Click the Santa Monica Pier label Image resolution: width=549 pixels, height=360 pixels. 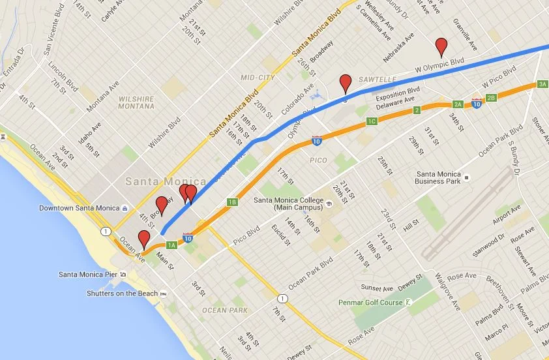88,274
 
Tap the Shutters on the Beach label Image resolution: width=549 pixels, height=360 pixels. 122,293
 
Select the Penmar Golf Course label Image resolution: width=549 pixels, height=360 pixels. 370,303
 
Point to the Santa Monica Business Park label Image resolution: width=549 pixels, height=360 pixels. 447,177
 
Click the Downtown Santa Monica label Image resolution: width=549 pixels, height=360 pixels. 79,208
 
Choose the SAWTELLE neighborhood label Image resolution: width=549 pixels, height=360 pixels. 374,79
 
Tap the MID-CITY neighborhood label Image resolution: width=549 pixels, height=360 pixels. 256,77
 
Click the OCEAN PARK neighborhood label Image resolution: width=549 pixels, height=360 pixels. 224,310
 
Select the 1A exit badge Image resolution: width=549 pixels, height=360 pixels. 171,245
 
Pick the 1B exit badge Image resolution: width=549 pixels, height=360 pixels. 232,202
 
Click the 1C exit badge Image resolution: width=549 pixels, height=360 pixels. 372,121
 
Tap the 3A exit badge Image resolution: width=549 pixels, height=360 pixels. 542,84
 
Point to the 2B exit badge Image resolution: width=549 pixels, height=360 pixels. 492,98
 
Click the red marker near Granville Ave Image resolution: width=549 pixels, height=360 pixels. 441,46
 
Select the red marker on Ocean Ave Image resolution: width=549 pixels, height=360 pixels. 143,239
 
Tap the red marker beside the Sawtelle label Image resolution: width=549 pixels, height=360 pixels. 346,83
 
